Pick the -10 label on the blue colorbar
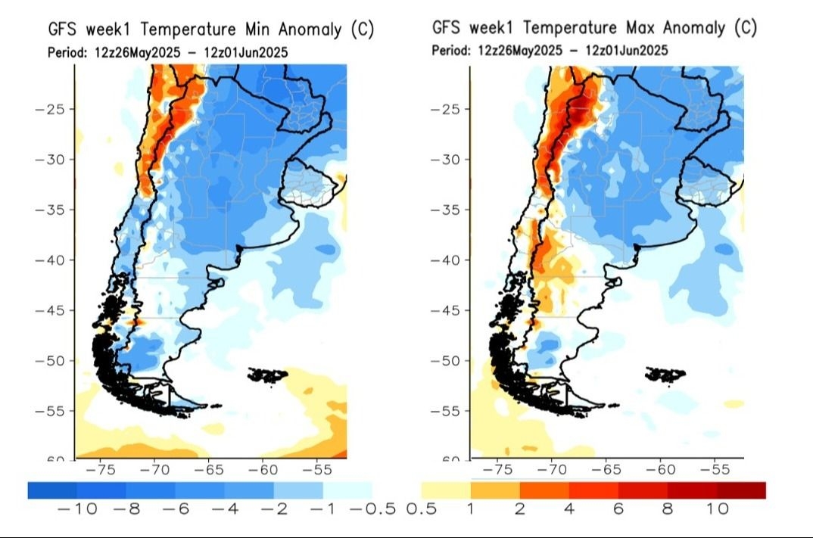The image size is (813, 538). pos(77,508)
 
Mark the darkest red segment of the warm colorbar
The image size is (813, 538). pos(742,490)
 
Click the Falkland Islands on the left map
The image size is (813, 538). pos(268,375)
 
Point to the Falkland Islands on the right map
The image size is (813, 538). pos(667,373)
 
